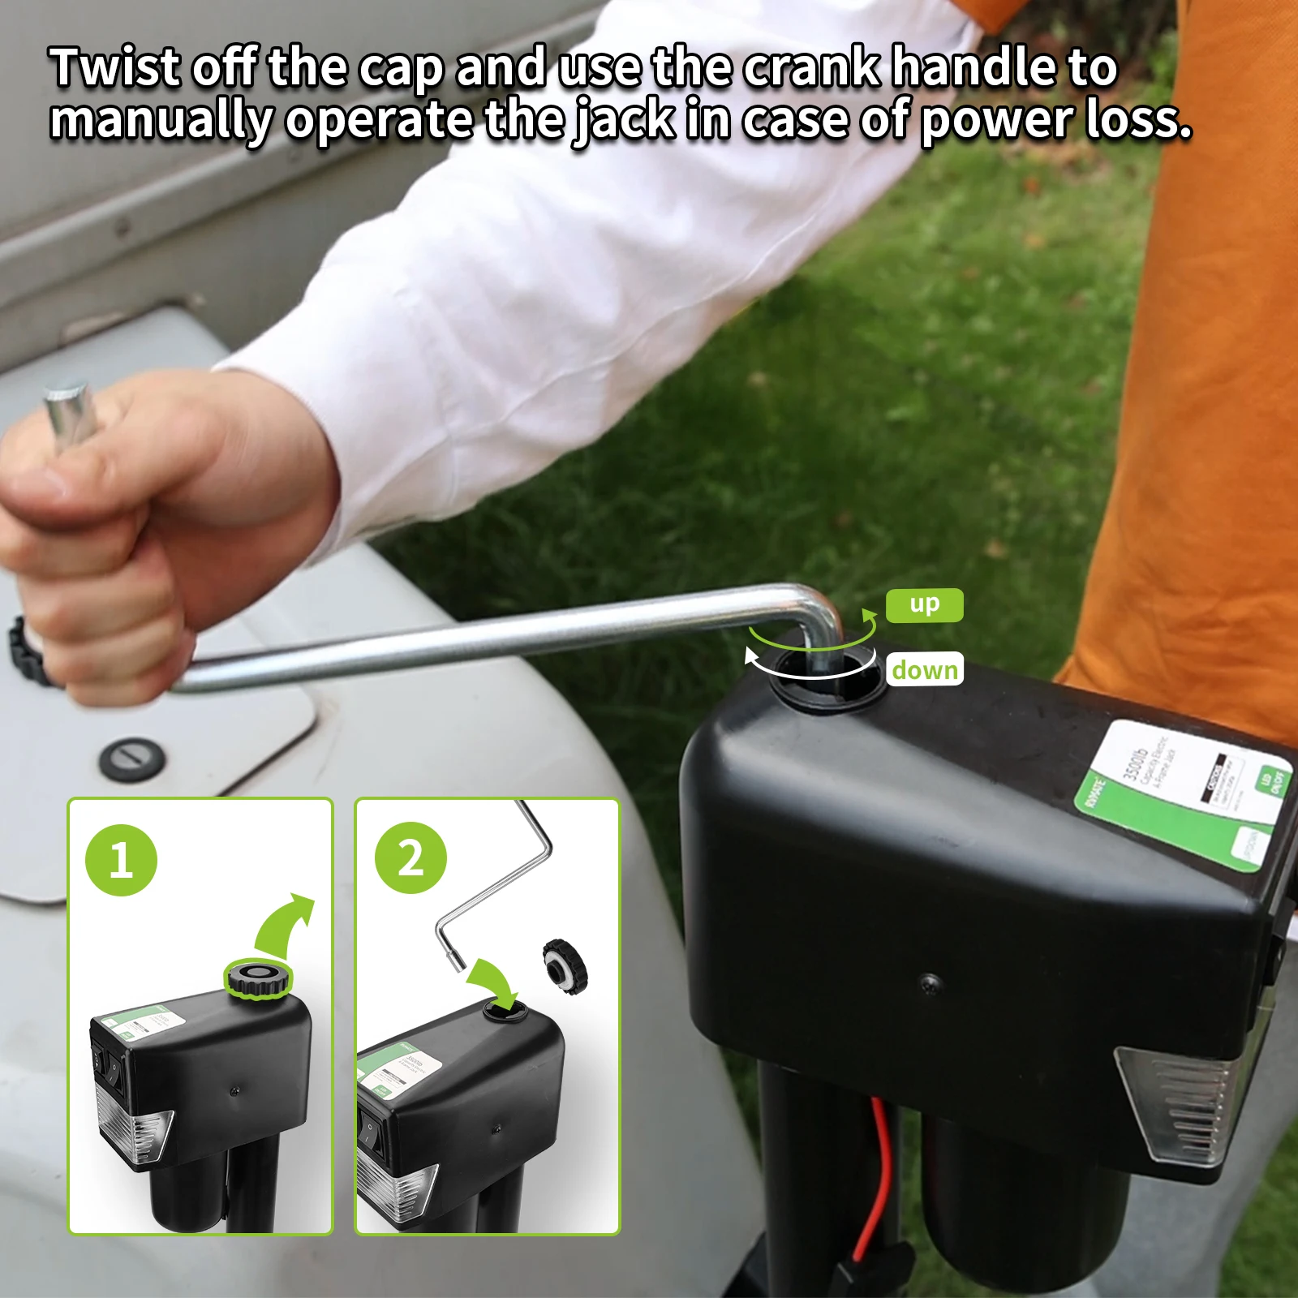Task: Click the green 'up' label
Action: (924, 605)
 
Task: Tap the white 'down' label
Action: (924, 669)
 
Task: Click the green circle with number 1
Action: (121, 860)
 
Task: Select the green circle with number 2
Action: (410, 857)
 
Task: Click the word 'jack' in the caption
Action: (624, 120)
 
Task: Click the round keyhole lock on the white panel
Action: (132, 759)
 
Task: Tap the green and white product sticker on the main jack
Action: (1184, 795)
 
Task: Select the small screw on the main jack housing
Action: (931, 982)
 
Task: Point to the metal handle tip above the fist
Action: (69, 414)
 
